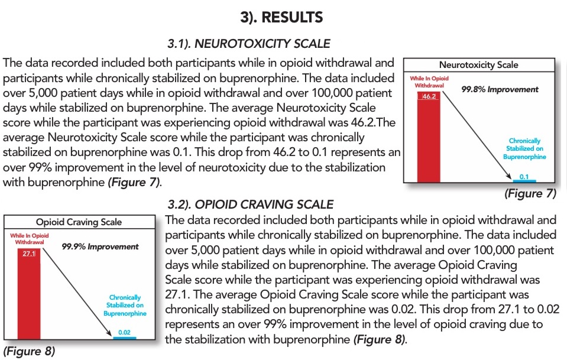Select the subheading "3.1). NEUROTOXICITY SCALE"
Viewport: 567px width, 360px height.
click(249, 43)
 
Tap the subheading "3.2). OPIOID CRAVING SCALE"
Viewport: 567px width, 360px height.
click(250, 205)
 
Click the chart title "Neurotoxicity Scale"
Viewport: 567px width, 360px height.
click(478, 65)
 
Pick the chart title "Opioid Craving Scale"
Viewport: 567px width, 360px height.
click(79, 222)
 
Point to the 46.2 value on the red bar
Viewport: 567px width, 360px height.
click(429, 95)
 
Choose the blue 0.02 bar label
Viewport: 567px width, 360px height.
click(124, 332)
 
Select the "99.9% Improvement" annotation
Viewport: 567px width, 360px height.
click(100, 247)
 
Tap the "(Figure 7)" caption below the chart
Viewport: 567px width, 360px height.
click(530, 193)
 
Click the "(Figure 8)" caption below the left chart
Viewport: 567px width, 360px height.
click(29, 351)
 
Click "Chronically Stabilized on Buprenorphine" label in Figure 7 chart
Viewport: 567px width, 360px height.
click(524, 149)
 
